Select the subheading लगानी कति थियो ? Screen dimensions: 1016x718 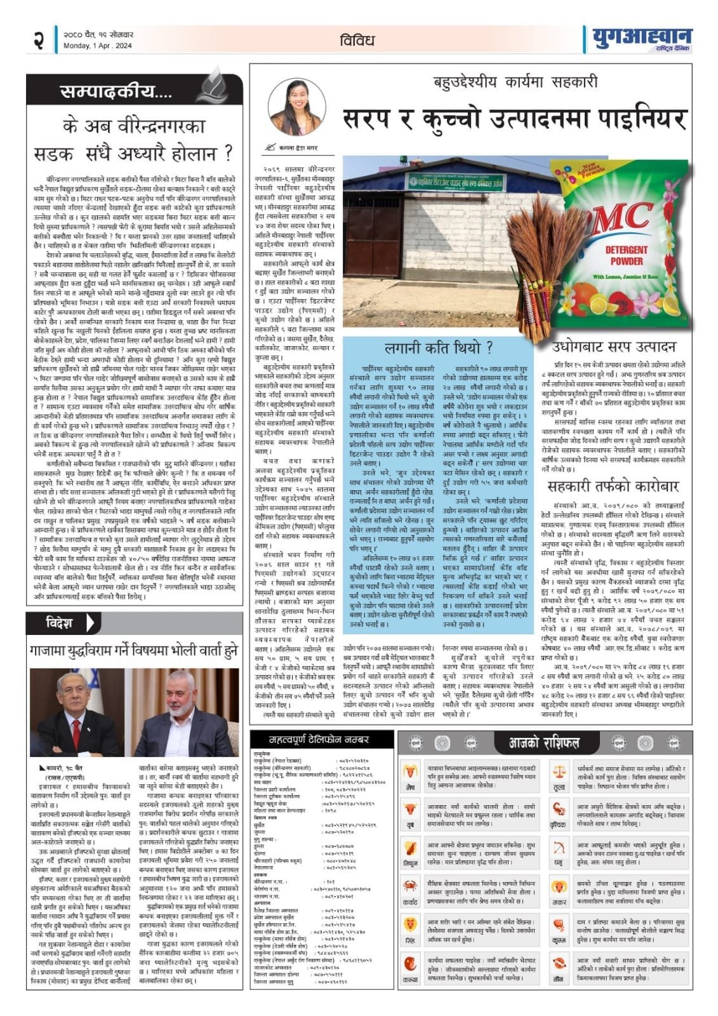(439, 347)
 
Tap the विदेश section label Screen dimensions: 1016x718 (60, 623)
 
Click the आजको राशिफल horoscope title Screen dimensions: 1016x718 (544, 743)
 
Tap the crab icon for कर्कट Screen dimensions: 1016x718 (410, 886)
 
